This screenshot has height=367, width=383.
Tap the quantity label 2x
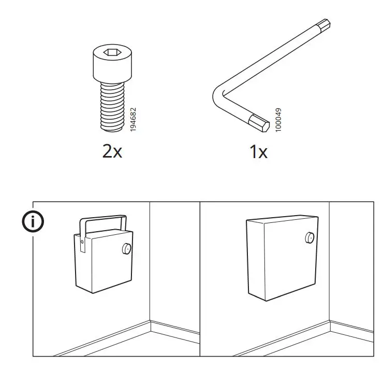pyautogui.click(x=112, y=151)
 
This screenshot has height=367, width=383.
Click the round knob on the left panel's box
pyautogui.click(x=125, y=250)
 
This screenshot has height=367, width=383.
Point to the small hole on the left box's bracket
pyautogui.click(x=82, y=241)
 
